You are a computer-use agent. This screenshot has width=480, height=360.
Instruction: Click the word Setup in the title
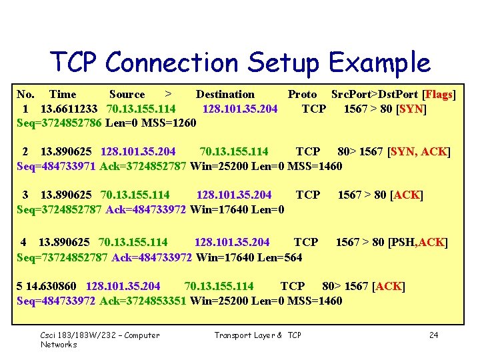[x=281, y=63]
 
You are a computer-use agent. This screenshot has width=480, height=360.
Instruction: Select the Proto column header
[x=302, y=95]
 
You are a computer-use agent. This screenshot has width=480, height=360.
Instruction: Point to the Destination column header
[x=225, y=95]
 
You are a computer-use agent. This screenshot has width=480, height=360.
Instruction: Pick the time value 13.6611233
[x=69, y=109]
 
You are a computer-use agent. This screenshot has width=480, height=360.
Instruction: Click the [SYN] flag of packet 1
[x=411, y=109]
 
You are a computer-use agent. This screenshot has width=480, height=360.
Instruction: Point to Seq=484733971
[x=56, y=166]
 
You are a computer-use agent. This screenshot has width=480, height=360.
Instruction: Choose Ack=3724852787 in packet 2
[x=143, y=166]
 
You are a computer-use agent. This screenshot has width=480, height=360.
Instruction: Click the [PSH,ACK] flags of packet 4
[x=419, y=242]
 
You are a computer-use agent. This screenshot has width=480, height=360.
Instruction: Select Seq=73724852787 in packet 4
[x=62, y=257]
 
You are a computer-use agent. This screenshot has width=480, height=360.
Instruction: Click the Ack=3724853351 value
[x=143, y=301]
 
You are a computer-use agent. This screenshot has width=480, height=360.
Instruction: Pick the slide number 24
[x=434, y=335]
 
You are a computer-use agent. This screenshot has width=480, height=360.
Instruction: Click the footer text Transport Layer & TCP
[x=257, y=335]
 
